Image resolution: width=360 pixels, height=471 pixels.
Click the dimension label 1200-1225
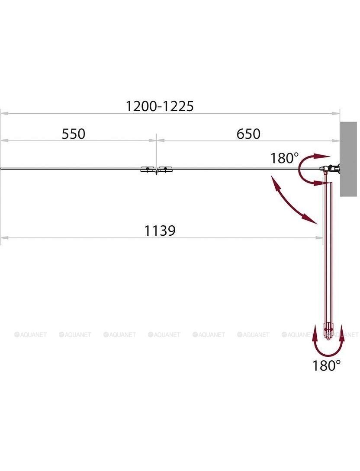click(159, 106)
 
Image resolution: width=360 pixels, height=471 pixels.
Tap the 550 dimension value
click(74, 134)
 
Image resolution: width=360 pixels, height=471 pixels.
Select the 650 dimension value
click(248, 134)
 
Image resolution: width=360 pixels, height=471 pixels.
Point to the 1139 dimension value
click(160, 231)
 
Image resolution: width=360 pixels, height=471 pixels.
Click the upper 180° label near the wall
click(285, 158)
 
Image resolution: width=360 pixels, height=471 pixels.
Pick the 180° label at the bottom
click(326, 365)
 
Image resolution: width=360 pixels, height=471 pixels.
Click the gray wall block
click(348, 159)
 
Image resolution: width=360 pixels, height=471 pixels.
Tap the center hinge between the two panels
click(157, 170)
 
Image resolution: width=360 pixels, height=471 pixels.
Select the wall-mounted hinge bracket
click(331, 169)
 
